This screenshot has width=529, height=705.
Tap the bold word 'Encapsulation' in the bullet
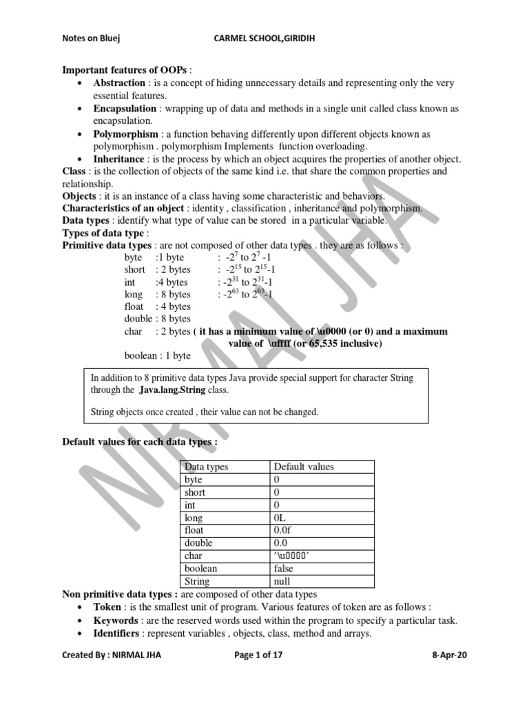[127, 109]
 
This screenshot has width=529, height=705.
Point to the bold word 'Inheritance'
[121, 159]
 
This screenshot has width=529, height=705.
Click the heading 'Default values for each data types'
[140, 441]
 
